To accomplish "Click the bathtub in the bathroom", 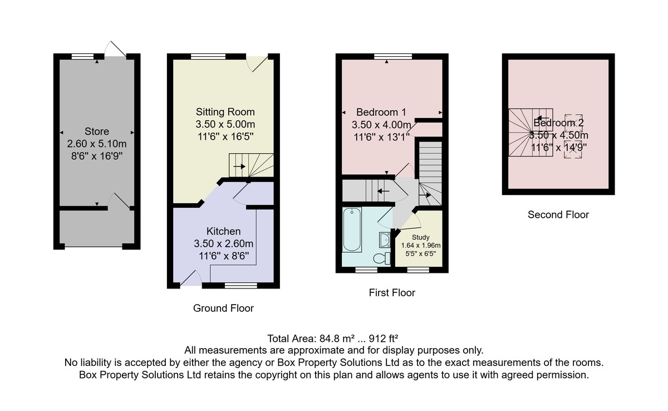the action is (352, 229).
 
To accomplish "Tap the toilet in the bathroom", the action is (382, 258).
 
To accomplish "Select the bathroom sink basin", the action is (385, 240).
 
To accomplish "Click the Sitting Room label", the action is (225, 112).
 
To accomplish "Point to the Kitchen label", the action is (223, 231).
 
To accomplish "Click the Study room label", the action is (420, 237).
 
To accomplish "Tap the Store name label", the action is (97, 131).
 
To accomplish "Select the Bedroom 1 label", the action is (381, 112).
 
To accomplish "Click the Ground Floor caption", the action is (223, 308).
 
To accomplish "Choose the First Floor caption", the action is (392, 292).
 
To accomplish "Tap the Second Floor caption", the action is (558, 214).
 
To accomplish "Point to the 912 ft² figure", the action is (384, 339).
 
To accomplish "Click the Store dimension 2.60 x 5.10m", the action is (97, 144).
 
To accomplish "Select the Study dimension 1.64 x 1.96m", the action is (420, 246).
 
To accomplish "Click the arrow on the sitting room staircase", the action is (239, 167).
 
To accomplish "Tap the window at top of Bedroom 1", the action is (393, 56).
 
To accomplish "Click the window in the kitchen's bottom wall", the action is (241, 286).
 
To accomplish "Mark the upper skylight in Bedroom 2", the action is (573, 123).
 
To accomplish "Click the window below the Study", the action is (418, 270).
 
